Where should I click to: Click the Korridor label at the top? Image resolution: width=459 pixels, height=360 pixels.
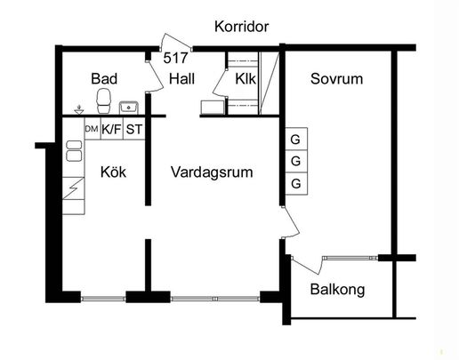[241, 27]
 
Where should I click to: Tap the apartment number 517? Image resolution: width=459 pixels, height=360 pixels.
[175, 58]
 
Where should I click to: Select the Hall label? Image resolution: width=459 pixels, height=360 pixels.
[181, 78]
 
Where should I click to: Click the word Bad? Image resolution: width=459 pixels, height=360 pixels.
[104, 79]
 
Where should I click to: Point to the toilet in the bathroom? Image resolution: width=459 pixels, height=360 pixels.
[104, 100]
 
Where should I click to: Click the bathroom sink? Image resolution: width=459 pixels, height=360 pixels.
[129, 107]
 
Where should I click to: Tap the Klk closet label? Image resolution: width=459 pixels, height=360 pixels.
[246, 79]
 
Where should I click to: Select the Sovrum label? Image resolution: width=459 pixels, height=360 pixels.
[336, 78]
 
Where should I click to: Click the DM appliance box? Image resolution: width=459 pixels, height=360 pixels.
[91, 130]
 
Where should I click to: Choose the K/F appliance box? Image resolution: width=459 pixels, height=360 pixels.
[112, 130]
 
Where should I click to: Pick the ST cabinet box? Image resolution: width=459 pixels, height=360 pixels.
[134, 130]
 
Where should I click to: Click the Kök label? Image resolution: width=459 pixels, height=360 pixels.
[113, 172]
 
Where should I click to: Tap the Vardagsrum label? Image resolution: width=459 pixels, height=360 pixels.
[212, 172]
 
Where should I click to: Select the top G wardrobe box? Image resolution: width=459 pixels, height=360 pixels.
[294, 140]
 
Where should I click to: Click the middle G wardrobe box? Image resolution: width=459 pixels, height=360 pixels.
[294, 161]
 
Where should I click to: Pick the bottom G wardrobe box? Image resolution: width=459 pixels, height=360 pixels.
[294, 183]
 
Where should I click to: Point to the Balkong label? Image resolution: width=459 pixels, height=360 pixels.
[337, 290]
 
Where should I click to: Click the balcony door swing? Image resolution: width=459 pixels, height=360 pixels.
[307, 265]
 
